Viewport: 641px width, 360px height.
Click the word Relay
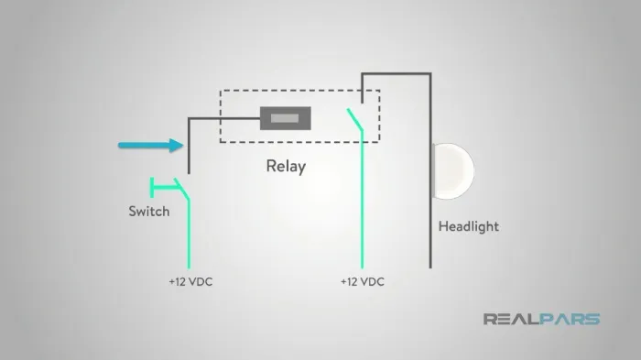coord(286,167)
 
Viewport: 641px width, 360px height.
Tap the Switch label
coord(148,212)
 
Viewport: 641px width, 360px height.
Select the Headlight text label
coord(469,226)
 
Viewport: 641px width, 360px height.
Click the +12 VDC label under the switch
coord(190,282)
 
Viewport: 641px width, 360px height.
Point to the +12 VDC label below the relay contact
coord(363,282)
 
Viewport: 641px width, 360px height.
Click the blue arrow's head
coord(177,146)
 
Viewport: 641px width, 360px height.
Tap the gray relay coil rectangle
coord(286,119)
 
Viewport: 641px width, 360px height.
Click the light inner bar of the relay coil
coord(285,119)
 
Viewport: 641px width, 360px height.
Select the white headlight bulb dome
coord(453,171)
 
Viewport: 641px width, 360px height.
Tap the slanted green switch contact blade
coord(182,189)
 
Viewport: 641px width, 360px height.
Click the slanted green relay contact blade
coord(355,119)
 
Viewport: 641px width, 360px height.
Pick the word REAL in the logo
coord(511,319)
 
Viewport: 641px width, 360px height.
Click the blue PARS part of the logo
coord(570,319)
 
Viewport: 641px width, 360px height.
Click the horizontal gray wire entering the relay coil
coord(224,119)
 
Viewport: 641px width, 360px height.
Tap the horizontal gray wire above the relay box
coord(397,74)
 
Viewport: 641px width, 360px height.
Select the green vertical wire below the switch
coord(189,234)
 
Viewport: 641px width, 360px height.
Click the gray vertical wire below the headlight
coord(430,234)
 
